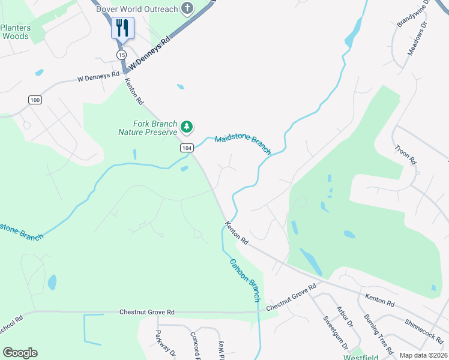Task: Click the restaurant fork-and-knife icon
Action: coord(122,28)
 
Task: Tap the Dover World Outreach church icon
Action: coord(188,8)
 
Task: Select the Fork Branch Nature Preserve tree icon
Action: coord(187,127)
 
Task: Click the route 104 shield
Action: coord(187,148)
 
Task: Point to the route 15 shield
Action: coord(122,55)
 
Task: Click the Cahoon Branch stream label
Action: coord(246,280)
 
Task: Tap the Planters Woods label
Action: coord(15,32)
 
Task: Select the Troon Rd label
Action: coord(405,154)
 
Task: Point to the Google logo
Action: coord(20,353)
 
